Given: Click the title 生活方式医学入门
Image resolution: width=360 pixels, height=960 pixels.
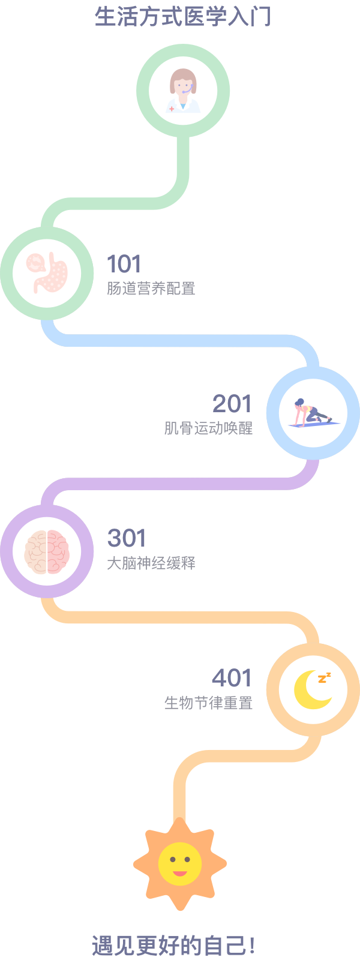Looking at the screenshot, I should (x=183, y=16).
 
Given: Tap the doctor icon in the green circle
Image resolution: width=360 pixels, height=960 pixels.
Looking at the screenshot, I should (x=183, y=91).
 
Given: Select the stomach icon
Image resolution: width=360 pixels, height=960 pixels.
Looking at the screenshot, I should (x=47, y=273).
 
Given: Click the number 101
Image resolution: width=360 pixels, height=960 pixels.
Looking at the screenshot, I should (x=124, y=264).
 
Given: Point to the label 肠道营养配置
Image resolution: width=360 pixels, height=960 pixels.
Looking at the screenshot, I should (x=151, y=289).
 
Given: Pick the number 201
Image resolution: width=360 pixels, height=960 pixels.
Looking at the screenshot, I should (x=232, y=404).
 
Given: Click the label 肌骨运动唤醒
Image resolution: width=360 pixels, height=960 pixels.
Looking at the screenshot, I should (x=208, y=428).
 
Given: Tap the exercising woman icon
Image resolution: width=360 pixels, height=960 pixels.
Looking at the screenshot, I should (x=311, y=412).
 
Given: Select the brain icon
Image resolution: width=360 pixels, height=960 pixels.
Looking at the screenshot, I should (x=47, y=551).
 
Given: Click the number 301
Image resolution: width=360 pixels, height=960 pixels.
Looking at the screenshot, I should (x=127, y=538).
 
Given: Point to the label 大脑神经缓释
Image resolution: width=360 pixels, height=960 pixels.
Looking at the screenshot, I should (x=151, y=563).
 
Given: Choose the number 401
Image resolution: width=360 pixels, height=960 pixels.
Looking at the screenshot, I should (x=232, y=678).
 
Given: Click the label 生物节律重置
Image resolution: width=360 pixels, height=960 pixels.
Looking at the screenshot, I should (x=208, y=703).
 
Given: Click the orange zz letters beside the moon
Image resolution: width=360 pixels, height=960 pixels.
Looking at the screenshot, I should (x=325, y=678).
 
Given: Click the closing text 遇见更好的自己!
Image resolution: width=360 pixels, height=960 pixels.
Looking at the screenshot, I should (x=174, y=946).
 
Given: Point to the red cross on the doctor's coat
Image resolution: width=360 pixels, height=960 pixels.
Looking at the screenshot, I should (x=172, y=109).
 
